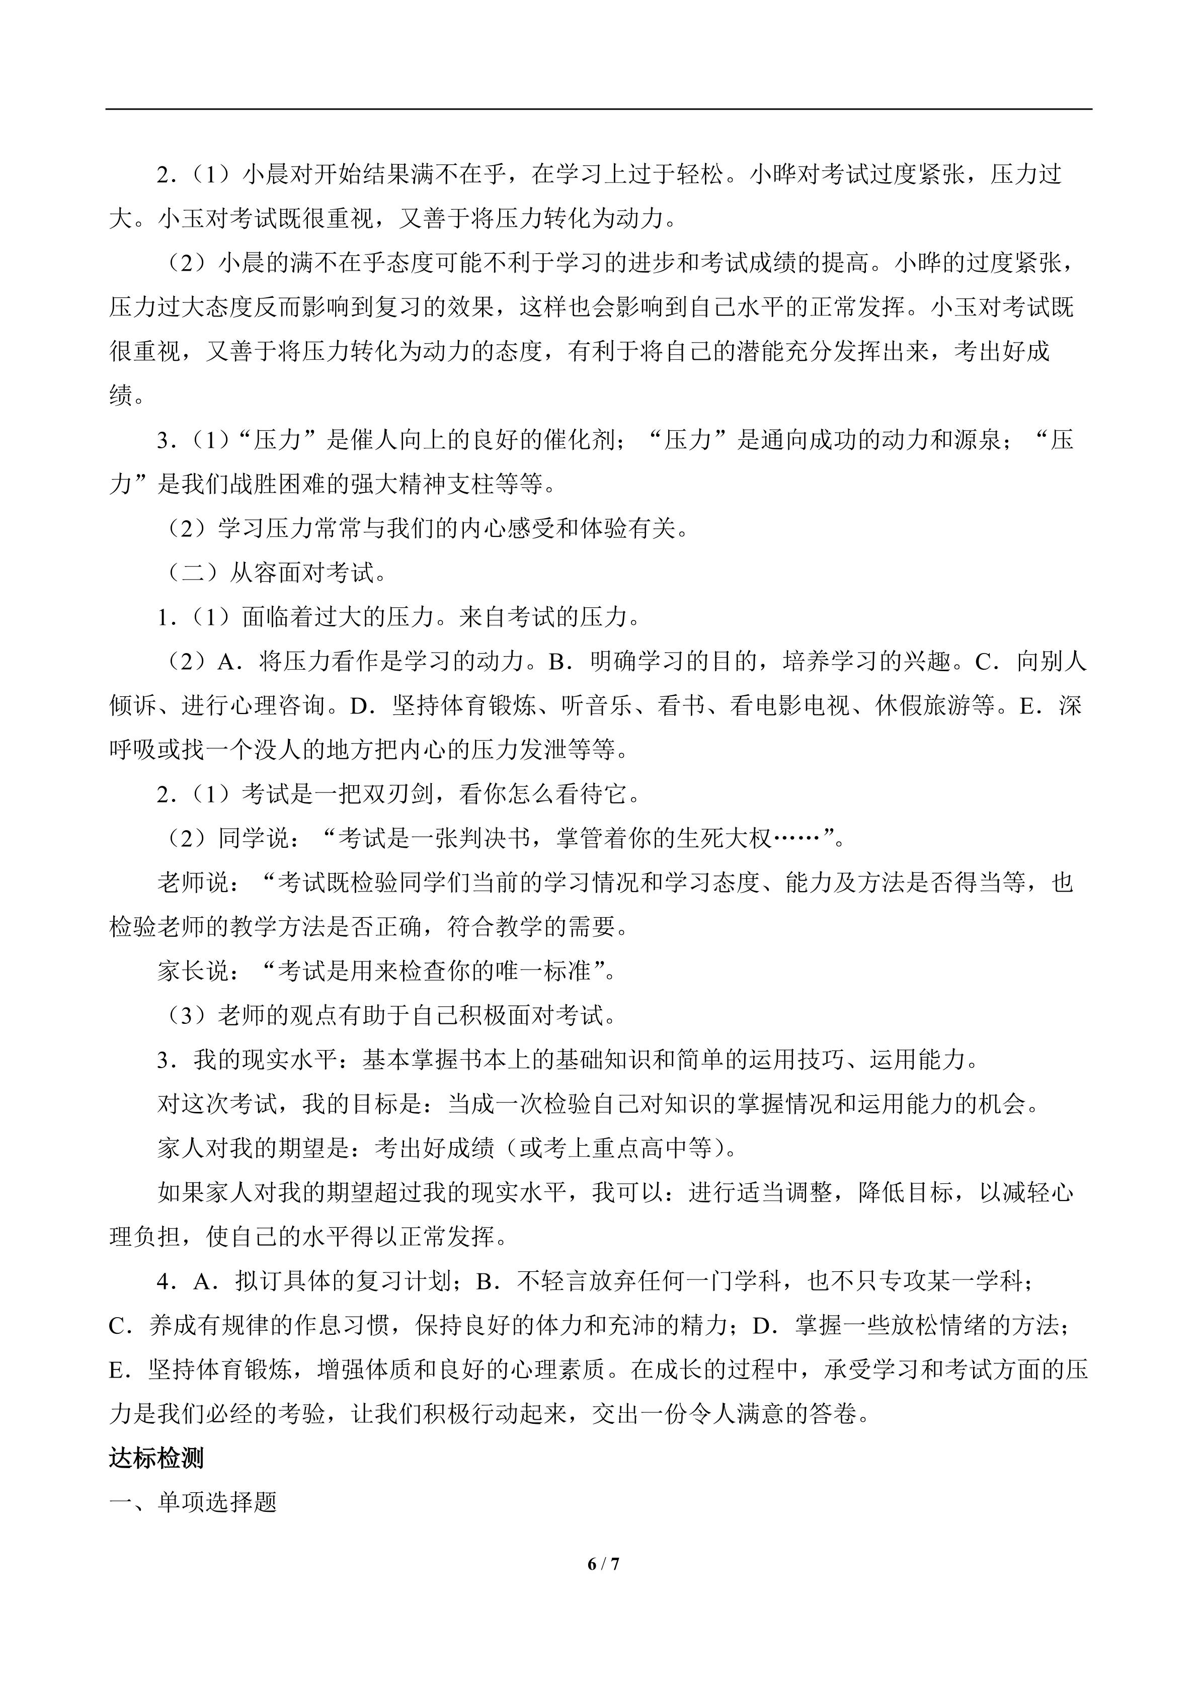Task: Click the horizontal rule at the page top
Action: (x=598, y=109)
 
